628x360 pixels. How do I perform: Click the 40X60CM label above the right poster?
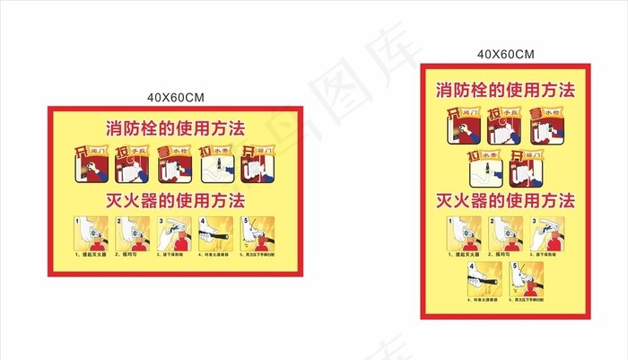pyautogui.click(x=506, y=54)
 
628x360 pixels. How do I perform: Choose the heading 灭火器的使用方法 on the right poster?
pyautogui.click(x=506, y=199)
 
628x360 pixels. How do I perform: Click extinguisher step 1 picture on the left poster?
pyautogui.click(x=90, y=234)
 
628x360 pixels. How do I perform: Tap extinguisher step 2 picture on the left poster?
pyautogui.click(x=132, y=234)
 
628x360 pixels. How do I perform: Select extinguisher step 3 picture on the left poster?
pyautogui.click(x=175, y=234)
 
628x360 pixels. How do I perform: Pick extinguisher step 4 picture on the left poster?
pyautogui.click(x=216, y=234)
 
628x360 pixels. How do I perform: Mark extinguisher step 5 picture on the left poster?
pyautogui.click(x=259, y=234)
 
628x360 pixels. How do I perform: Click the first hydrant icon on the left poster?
pyautogui.click(x=90, y=162)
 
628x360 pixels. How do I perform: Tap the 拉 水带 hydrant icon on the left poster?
pyautogui.click(x=217, y=162)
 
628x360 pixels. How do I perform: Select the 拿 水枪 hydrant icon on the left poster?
pyautogui.click(x=175, y=162)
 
